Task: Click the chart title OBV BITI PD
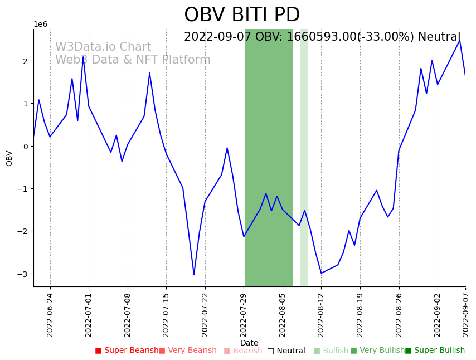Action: pyautogui.click(x=242, y=15)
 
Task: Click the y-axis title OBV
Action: pyautogui.click(x=9, y=158)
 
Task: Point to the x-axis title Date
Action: pyautogui.click(x=249, y=343)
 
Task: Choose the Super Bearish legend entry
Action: pyautogui.click(x=127, y=351)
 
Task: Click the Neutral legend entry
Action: pyautogui.click(x=286, y=351)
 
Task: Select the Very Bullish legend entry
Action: pyautogui.click(x=377, y=351)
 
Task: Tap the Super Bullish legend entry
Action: pyautogui.click(x=435, y=351)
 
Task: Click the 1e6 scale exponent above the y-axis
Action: pyautogui.click(x=41, y=24)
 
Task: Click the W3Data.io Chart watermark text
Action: pyautogui.click(x=103, y=47)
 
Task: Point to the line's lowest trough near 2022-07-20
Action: pyautogui.click(x=194, y=274)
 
